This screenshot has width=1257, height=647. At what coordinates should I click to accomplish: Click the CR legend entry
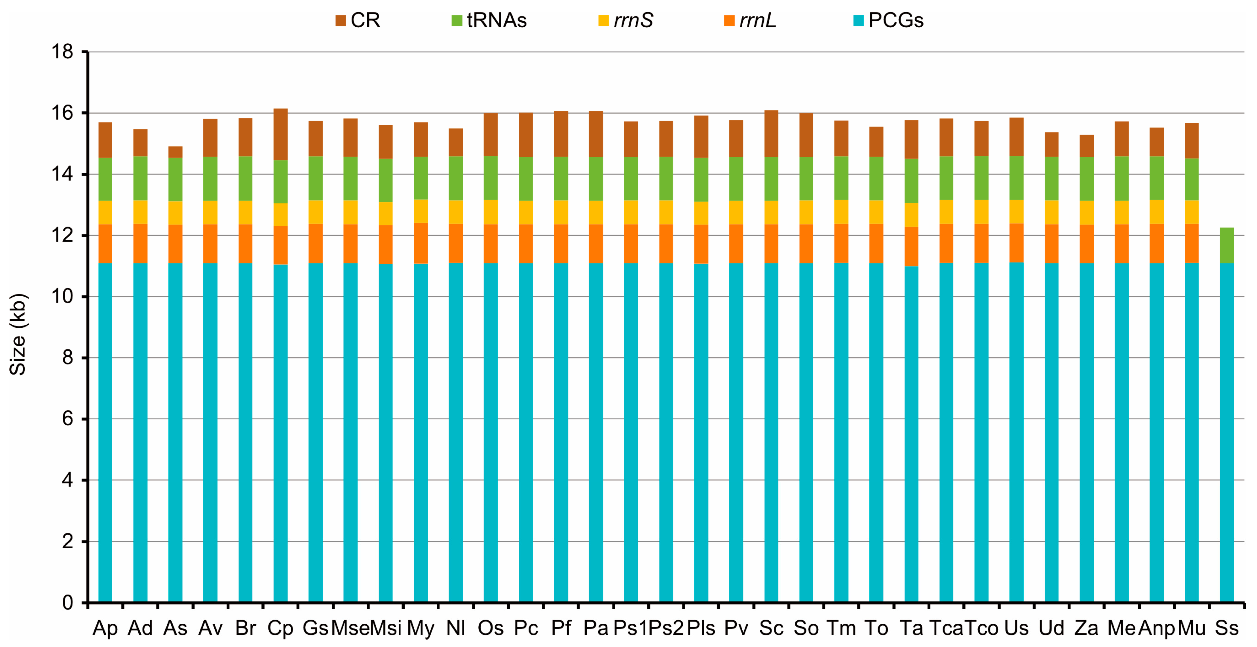click(358, 20)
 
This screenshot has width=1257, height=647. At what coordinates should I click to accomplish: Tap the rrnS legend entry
click(626, 20)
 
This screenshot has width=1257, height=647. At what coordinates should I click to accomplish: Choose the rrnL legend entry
click(751, 20)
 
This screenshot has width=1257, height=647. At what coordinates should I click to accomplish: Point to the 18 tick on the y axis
click(62, 52)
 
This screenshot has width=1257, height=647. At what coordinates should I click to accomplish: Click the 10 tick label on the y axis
click(62, 297)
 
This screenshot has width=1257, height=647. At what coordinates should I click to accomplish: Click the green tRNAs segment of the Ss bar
click(1227, 246)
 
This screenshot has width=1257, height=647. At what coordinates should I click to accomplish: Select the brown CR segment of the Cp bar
click(281, 134)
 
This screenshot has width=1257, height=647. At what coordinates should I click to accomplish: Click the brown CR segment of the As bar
click(175, 152)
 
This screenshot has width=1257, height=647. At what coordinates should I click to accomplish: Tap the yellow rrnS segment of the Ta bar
click(911, 215)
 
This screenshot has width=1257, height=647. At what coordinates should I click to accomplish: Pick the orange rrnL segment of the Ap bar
click(105, 244)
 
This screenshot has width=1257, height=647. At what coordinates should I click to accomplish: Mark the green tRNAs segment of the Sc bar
click(771, 179)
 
